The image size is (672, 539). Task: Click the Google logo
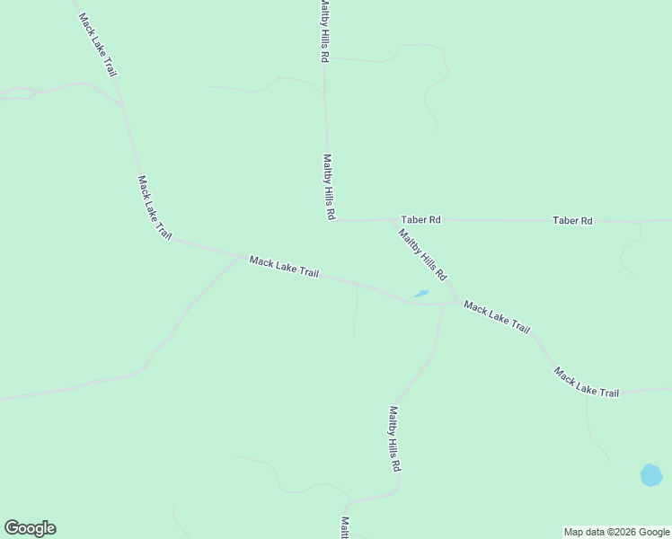30,528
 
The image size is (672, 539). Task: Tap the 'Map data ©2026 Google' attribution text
617,532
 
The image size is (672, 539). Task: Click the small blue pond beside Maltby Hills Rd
420,293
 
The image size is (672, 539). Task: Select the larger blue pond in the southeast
651,474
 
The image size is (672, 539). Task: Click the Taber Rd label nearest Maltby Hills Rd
420,219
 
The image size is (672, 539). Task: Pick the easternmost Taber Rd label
572,220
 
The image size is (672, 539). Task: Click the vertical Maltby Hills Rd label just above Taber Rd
329,186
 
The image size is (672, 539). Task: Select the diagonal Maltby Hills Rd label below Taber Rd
422,253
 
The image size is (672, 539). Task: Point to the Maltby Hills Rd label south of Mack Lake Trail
393,439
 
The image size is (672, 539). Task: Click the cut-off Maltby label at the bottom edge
344,527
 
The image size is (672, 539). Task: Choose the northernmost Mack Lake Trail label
97,44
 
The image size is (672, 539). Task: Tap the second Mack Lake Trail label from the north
154,207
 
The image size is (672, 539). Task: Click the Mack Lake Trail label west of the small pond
284,268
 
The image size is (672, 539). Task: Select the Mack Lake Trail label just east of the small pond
497,318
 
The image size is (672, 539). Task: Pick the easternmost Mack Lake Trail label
586,382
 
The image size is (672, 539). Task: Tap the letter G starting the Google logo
12,528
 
